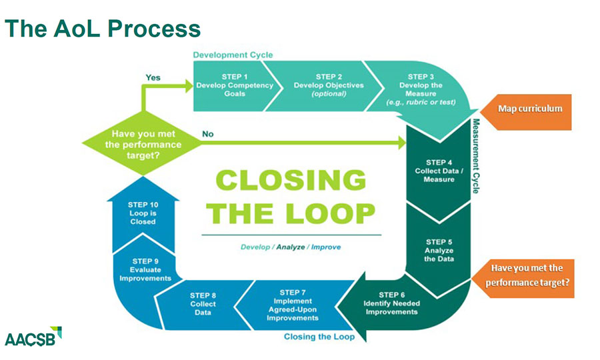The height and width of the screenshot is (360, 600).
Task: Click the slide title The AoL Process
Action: pyautogui.click(x=103, y=29)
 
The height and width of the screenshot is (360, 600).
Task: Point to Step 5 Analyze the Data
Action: pyautogui.click(x=439, y=250)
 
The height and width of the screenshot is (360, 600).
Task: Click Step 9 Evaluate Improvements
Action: pyautogui.click(x=145, y=269)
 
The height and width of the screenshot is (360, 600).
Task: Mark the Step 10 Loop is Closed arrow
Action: pyautogui.click(x=143, y=213)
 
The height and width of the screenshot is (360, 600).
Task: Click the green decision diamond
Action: pyautogui.click(x=142, y=143)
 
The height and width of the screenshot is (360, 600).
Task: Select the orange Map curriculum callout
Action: pyautogui.click(x=530, y=108)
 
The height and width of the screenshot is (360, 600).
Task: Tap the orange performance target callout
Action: pyautogui.click(x=527, y=275)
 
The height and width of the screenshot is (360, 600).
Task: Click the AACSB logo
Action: pyautogui.click(x=33, y=337)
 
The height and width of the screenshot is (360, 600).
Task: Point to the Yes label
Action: pyautogui.click(x=153, y=77)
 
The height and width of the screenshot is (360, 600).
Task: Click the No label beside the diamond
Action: pyautogui.click(x=208, y=134)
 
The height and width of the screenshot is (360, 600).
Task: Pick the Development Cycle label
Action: pyautogui.click(x=233, y=55)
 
